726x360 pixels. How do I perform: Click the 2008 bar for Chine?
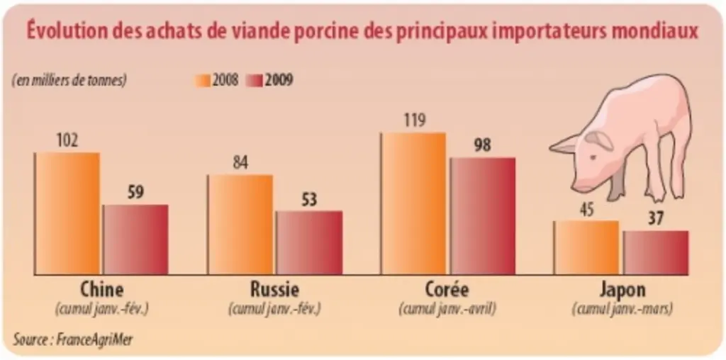pyautogui.click(x=67, y=213)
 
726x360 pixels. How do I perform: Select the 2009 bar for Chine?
pyautogui.click(x=135, y=240)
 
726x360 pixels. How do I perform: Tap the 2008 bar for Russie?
pyautogui.click(x=240, y=225)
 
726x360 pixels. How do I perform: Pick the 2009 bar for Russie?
pyautogui.click(x=309, y=243)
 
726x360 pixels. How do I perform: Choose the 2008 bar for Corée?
pyautogui.click(x=413, y=203)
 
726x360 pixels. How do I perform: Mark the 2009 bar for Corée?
pyautogui.click(x=482, y=216)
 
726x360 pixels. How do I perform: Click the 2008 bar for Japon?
pyautogui.click(x=586, y=247)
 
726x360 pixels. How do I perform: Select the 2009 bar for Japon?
pyautogui.click(x=655, y=253)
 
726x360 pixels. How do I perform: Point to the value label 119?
pyautogui.click(x=413, y=121)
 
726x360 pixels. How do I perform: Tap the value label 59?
pyautogui.click(x=135, y=193)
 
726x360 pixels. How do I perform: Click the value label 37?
pyautogui.click(x=656, y=219)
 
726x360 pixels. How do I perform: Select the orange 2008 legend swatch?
pyautogui.click(x=202, y=81)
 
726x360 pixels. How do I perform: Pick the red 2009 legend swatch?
pyautogui.click(x=255, y=81)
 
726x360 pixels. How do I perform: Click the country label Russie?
pyautogui.click(x=274, y=290)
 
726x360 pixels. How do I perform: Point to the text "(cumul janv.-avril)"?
pyautogui.click(x=447, y=309)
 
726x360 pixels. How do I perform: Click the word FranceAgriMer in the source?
pyautogui.click(x=94, y=339)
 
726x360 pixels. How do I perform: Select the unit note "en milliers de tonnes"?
pyautogui.click(x=69, y=81)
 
